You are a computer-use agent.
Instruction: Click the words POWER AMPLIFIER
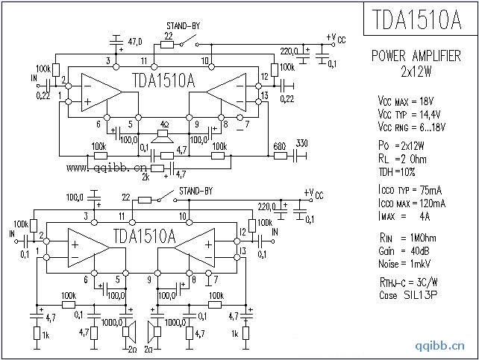[416, 57]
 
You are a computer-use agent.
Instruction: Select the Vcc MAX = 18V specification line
[412, 100]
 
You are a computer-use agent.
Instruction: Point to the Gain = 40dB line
[406, 250]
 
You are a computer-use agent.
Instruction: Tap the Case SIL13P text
[409, 294]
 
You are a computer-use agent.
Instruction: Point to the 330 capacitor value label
[301, 144]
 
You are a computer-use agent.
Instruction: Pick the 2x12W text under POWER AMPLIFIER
[416, 72]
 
